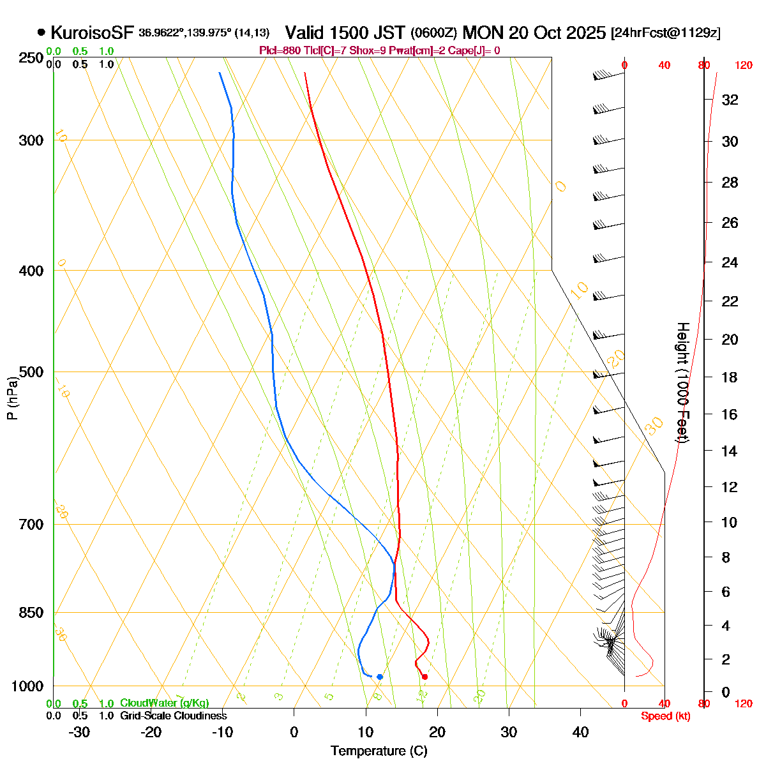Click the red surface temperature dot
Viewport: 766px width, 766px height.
(x=424, y=677)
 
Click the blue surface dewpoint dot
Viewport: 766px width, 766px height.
(x=380, y=677)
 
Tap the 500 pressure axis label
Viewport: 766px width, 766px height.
(x=31, y=372)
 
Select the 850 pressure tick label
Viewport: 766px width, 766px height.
(x=31, y=613)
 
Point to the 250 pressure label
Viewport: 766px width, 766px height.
(x=31, y=58)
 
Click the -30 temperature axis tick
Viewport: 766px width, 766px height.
(x=79, y=732)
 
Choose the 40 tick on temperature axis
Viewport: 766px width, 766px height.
(x=580, y=732)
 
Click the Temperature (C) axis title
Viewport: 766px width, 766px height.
(x=379, y=751)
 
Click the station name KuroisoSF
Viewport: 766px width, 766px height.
(x=92, y=33)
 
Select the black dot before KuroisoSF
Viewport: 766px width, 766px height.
(x=41, y=32)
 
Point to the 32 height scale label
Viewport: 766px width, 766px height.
(x=730, y=100)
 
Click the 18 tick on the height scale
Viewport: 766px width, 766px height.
(x=730, y=377)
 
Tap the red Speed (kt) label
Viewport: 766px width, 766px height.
(x=665, y=716)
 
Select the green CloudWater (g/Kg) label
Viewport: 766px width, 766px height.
(x=164, y=703)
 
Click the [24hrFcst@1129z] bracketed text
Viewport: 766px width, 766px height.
(x=665, y=33)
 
